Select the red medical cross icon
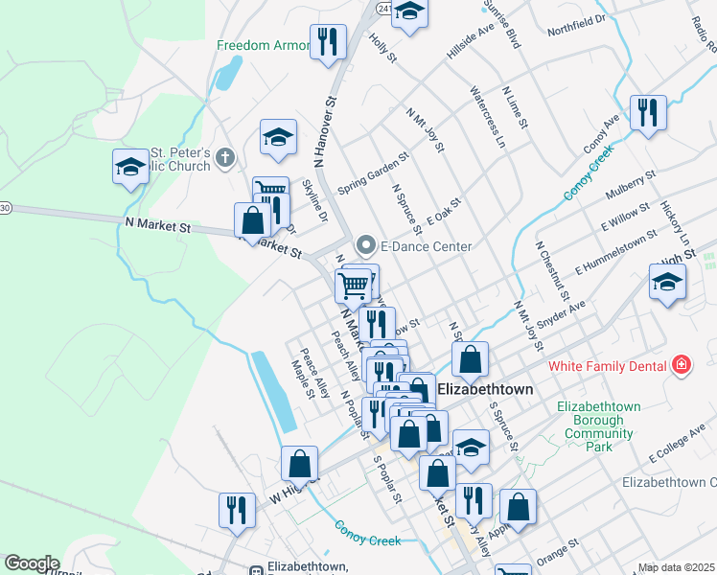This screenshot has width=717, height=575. click(681, 364)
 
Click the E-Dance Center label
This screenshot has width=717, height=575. click(426, 246)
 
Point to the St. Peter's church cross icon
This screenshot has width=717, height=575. click(225, 157)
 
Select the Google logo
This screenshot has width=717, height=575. click(32, 563)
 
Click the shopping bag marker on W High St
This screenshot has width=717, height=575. click(300, 464)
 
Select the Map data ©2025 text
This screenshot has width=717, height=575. click(676, 567)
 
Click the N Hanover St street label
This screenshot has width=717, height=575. click(327, 132)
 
